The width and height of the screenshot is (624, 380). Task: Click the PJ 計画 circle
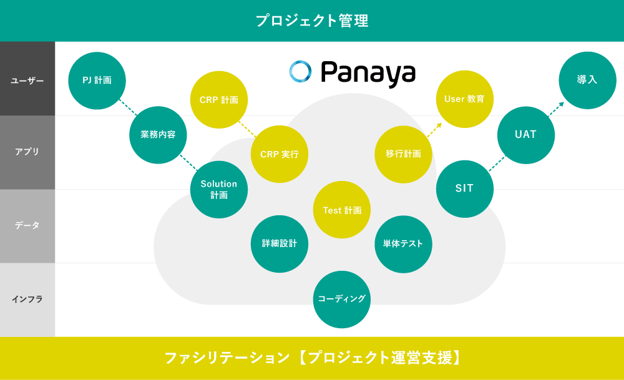pos(97,80)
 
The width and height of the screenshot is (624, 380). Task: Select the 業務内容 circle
pos(158,135)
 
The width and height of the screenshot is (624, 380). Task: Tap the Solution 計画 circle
pos(219,190)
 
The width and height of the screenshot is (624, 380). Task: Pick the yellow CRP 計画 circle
pos(219,99)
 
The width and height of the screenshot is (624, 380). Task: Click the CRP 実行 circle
pos(280,154)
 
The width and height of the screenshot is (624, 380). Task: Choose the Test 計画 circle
pos(342,210)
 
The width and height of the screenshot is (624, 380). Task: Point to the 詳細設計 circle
pos(280,244)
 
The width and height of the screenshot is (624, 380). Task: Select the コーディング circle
pos(342,300)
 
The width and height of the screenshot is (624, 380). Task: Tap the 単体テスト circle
pos(403,244)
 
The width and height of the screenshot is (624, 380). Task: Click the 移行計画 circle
pos(403,154)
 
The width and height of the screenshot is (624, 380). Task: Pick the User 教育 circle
pos(465,99)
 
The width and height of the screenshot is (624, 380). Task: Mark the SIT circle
pos(465,189)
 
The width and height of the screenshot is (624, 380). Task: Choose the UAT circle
pos(525,135)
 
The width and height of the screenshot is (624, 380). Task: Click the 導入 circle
pos(587,80)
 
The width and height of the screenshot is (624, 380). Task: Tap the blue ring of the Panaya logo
pos(301,63)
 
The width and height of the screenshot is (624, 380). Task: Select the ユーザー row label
pos(27,80)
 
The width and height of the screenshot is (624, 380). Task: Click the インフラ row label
pos(27,300)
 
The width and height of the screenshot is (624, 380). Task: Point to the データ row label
pos(27,225)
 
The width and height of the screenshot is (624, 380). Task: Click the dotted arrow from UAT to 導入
pos(556,109)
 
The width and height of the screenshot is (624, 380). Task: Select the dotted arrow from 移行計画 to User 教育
pos(434,130)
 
